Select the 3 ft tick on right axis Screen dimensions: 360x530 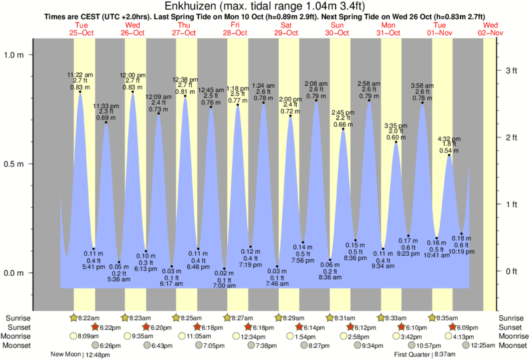coord(512,70)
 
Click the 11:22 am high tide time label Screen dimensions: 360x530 coord(81,74)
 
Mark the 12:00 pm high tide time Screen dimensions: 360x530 coord(132,74)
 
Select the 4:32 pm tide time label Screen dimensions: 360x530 coord(448,139)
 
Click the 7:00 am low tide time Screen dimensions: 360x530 coord(225,286)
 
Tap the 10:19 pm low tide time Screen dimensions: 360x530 coord(461,252)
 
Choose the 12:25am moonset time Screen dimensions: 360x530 coord(513,345)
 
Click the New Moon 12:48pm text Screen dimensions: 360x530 coord(79,355)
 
